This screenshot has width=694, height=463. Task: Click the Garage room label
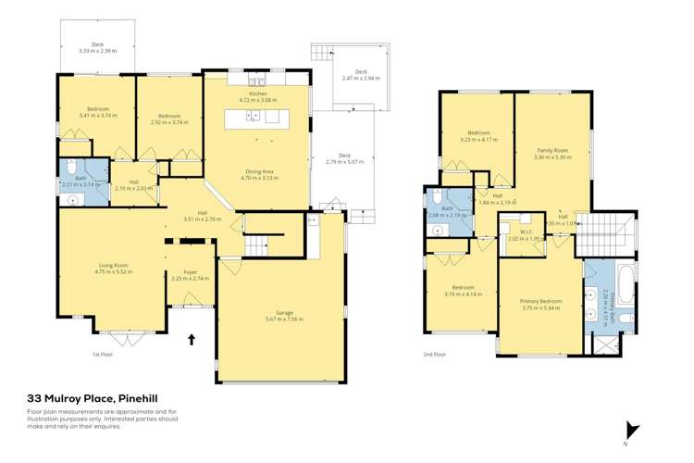[283, 316]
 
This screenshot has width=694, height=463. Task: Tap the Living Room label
[113, 269]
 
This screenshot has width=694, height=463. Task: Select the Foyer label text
[192, 275]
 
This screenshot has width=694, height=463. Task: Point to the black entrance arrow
[192, 340]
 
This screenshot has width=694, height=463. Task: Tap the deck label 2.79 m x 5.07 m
[344, 158]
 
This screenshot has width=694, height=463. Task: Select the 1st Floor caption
[102, 354]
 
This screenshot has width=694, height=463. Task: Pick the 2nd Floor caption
[435, 354]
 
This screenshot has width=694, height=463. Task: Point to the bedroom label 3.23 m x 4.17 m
[478, 136]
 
